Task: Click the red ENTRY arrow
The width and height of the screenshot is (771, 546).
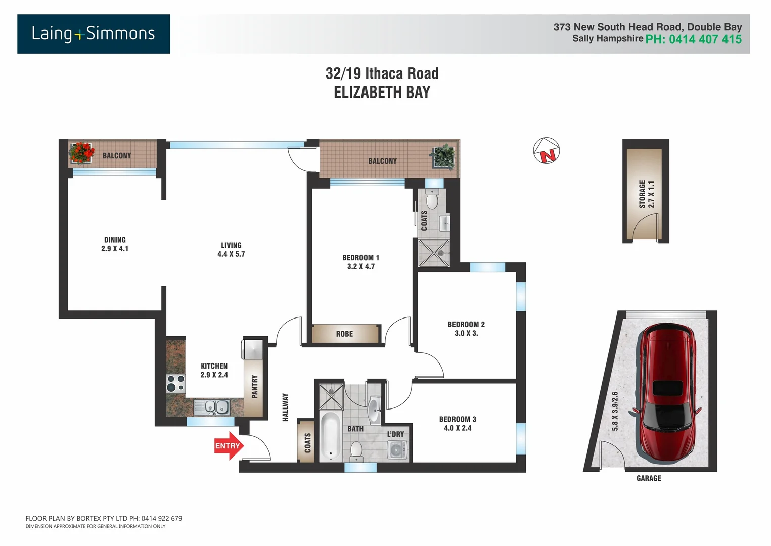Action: tap(229, 446)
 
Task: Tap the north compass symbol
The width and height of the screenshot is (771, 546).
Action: tap(547, 151)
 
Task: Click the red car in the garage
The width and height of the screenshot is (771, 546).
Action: tap(668, 392)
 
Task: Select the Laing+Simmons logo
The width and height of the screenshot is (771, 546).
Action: tap(94, 34)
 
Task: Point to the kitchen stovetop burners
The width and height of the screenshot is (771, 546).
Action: tap(175, 384)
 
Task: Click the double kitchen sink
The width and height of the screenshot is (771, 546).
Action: tap(216, 406)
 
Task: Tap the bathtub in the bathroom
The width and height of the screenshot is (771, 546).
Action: tap(331, 436)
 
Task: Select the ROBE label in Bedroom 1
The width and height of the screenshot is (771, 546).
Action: tap(344, 334)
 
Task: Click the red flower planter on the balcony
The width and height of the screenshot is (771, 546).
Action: tap(82, 153)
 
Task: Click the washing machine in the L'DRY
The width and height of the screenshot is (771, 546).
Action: tap(397, 449)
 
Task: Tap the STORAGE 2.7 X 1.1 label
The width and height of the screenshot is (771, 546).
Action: tap(646, 194)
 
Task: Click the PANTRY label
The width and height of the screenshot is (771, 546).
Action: tap(255, 387)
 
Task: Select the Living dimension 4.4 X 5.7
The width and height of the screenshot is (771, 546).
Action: tap(231, 254)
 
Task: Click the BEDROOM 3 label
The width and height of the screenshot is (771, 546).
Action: tap(458, 419)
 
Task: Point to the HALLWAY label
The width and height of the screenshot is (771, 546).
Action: tap(285, 407)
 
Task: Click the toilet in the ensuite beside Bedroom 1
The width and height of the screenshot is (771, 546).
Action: tap(432, 200)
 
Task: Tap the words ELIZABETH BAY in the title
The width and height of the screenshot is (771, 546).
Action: tap(382, 93)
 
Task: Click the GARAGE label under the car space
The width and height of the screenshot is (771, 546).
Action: tap(649, 478)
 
